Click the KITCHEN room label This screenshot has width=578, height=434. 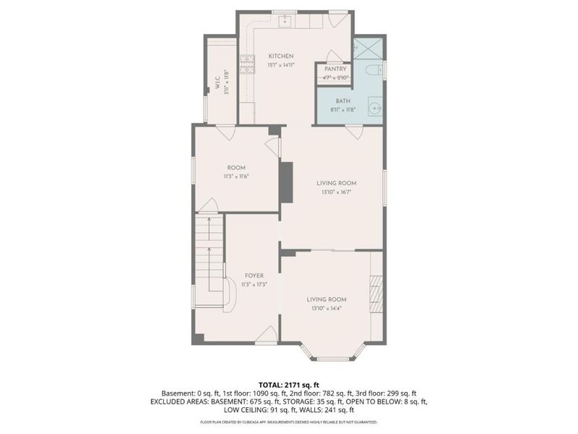pyautogui.click(x=281, y=56)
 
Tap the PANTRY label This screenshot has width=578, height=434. pyautogui.click(x=336, y=69)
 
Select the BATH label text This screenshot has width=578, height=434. pyautogui.click(x=343, y=101)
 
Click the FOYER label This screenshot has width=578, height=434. pyautogui.click(x=254, y=276)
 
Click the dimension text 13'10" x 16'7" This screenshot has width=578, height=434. pyautogui.click(x=337, y=192)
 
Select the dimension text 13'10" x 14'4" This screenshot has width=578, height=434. pyautogui.click(x=326, y=308)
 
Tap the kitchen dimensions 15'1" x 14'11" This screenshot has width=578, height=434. pyautogui.click(x=281, y=64)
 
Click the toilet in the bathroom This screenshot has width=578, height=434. pyautogui.click(x=372, y=71)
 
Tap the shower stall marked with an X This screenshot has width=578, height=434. pyautogui.click(x=369, y=48)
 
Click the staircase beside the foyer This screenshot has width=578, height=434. pyautogui.click(x=208, y=253)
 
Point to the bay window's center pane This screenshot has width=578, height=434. pyautogui.click(x=333, y=358)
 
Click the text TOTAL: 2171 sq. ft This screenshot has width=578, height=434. pyautogui.click(x=289, y=385)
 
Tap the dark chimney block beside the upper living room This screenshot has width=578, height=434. pyautogui.click(x=286, y=178)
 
